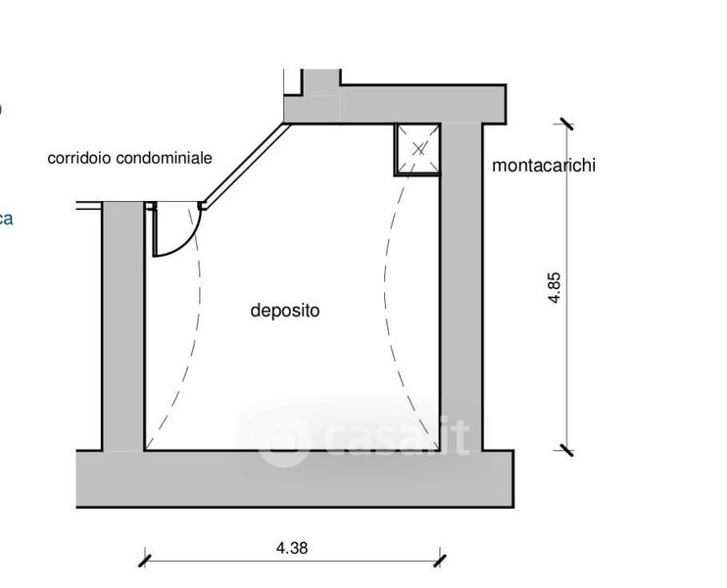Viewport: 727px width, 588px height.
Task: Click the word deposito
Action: [285, 312]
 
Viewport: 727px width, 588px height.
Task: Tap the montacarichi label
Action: [544, 166]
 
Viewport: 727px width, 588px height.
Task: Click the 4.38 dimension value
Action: [292, 548]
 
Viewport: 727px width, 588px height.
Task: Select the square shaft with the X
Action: [419, 149]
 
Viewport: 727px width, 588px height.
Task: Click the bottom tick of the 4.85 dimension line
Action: [564, 450]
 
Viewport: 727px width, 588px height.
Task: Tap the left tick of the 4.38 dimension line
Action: [145, 561]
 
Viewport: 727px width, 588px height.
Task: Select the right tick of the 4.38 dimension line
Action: [440, 561]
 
